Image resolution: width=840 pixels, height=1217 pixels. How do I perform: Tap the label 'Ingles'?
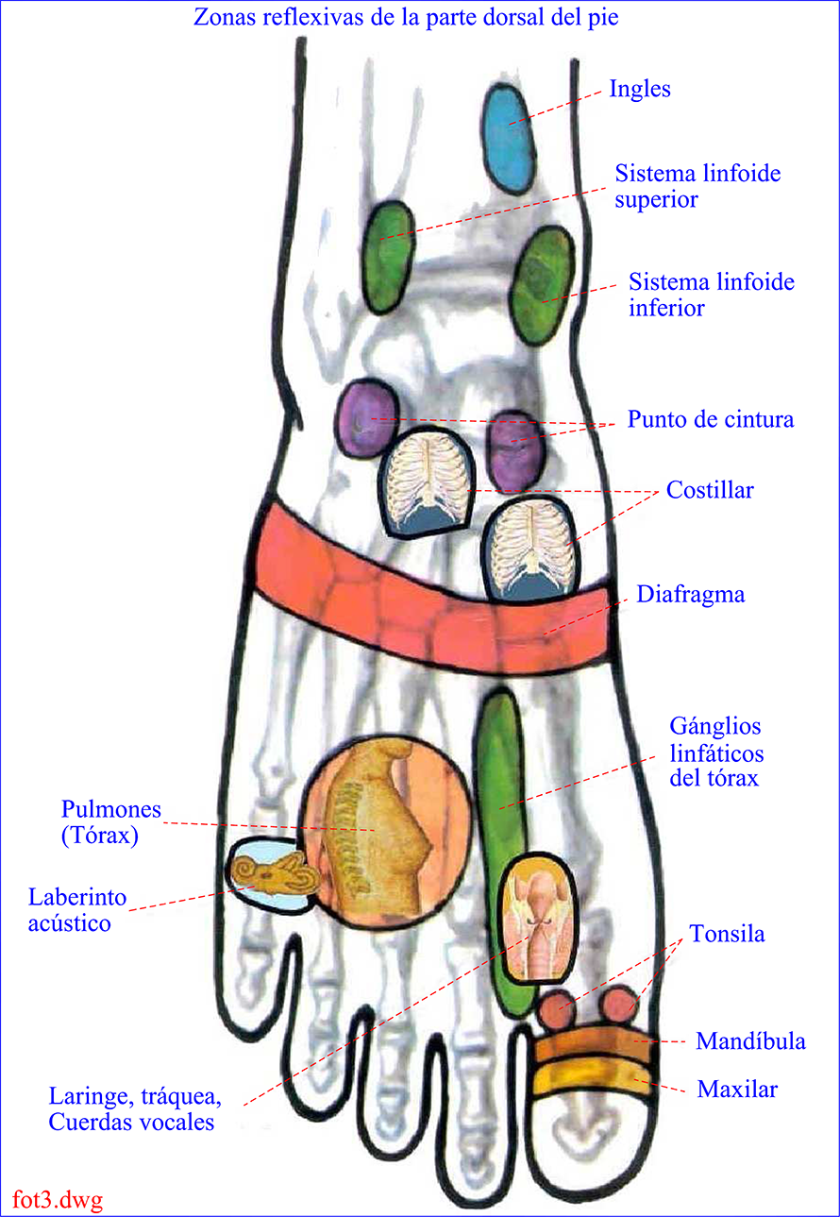point(640,90)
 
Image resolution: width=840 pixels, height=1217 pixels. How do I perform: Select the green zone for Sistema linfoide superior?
point(388,256)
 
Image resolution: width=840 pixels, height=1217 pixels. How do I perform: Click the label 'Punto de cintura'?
point(711,419)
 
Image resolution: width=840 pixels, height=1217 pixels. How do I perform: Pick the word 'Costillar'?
point(710,491)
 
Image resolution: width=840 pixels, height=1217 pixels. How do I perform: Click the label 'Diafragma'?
point(690,595)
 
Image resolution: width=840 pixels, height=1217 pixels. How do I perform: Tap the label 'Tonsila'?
point(727,935)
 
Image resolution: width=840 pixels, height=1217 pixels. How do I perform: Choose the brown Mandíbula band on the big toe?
point(592,1047)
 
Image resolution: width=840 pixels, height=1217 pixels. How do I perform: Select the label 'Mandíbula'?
point(750,1041)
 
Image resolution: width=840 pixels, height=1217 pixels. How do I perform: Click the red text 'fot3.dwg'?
point(58,1200)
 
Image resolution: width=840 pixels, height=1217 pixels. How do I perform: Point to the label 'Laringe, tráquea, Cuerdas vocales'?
point(135,1109)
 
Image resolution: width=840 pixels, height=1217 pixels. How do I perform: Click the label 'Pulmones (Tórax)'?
point(111,822)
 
